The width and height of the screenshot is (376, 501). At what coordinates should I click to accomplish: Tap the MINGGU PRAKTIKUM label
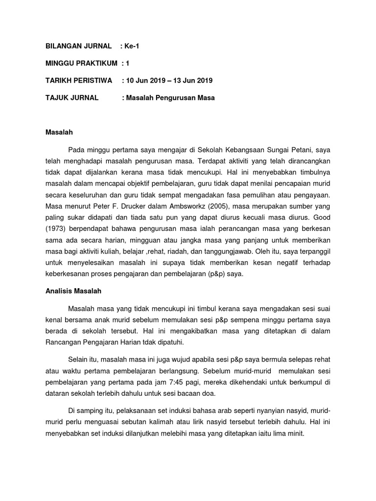pyautogui.click(x=81, y=63)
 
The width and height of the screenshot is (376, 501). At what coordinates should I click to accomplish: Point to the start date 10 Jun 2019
pyautogui.click(x=149, y=80)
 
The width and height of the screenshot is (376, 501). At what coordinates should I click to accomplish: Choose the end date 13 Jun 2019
pyautogui.click(x=192, y=80)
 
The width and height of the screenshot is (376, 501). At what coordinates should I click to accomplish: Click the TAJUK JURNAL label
pyautogui.click(x=71, y=97)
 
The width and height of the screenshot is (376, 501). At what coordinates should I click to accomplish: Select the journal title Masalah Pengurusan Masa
pyautogui.click(x=170, y=97)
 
